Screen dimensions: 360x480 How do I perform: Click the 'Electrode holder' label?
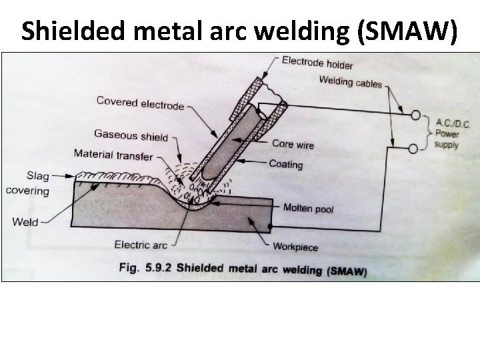tap(317, 63)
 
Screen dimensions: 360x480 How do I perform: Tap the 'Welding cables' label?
tap(351, 83)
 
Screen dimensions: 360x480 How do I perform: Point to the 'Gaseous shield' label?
tap(131, 135)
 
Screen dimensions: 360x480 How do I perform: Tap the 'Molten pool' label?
tap(308, 209)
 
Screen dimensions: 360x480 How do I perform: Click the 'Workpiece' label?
tap(295, 247)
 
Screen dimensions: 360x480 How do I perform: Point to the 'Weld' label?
tap(25, 222)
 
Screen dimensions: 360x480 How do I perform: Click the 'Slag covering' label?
tap(27, 183)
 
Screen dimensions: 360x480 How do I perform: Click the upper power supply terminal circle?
tap(413, 116)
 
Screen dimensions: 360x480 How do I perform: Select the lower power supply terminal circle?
tap(413, 148)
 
